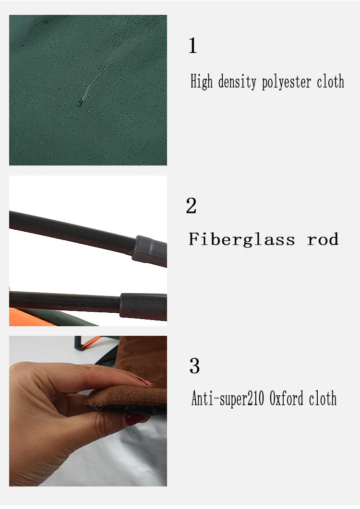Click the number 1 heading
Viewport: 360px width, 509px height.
pos(192,45)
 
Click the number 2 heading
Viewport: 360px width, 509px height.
pos(192,205)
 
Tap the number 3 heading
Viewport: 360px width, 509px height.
pos(194,366)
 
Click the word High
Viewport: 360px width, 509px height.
pos(202,82)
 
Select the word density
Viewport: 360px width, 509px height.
pos(237,82)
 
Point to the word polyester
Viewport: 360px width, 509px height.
pos(287,82)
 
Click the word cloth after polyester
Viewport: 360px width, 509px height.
pos(330,81)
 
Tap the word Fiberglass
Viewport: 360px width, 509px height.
pos(242,239)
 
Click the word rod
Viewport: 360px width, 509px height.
pos(323,239)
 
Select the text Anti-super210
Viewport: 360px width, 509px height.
pos(228,399)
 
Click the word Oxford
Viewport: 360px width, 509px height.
pos(287,398)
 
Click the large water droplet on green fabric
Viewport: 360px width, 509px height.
pos(79,103)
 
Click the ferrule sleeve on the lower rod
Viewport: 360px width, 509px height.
pos(144,306)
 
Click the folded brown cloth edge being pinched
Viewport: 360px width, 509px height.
pos(127,398)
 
